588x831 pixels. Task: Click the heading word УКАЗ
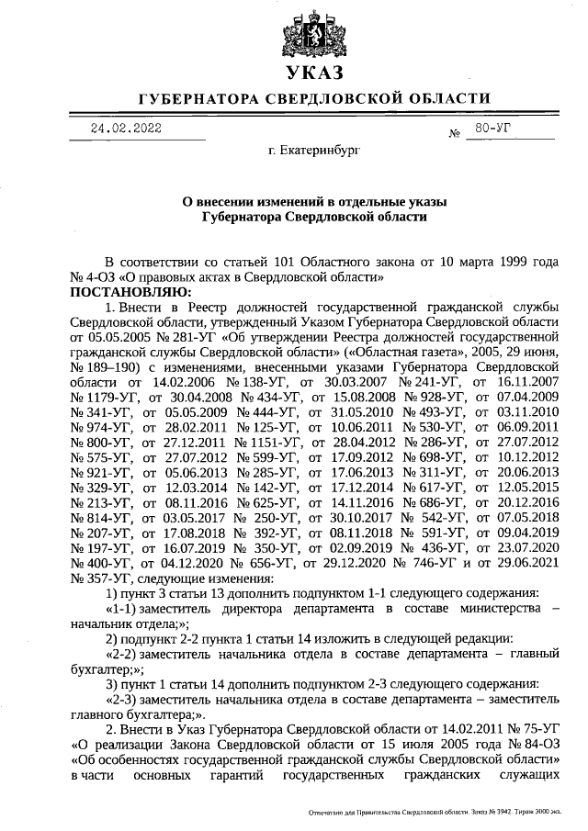(313, 74)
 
